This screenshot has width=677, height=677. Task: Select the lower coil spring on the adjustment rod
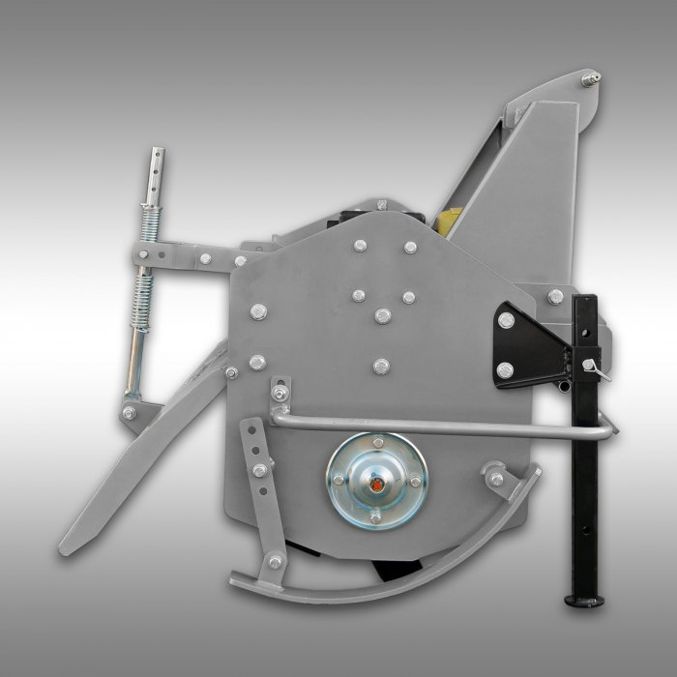(x=144, y=296)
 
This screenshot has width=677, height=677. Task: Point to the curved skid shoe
(x=387, y=571)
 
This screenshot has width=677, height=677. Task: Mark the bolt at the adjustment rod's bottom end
(x=129, y=413)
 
